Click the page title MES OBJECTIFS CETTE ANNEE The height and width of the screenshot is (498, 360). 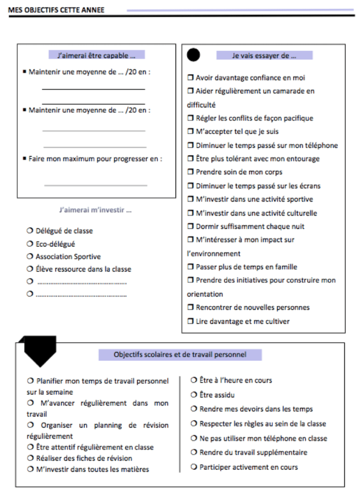[x=56, y=10]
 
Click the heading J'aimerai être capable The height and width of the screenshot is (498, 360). [x=96, y=55]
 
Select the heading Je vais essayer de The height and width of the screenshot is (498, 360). [x=264, y=55]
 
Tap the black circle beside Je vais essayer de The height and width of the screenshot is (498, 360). [x=193, y=55]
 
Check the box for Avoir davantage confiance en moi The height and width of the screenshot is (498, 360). [x=190, y=78]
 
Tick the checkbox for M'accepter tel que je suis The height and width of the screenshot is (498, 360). [x=190, y=132]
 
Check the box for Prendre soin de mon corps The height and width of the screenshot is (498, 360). [x=190, y=172]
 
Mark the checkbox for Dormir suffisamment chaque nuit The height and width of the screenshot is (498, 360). [x=190, y=226]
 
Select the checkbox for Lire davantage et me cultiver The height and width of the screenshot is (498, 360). [x=190, y=321]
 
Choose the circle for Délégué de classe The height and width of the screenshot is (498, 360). [x=30, y=231]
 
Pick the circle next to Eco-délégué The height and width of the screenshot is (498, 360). [x=30, y=244]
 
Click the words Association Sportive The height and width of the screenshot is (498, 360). [x=68, y=257]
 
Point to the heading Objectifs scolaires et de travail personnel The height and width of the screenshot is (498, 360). [x=180, y=355]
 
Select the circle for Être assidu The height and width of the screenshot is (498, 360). [x=194, y=395]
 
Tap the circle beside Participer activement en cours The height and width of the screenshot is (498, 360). [x=194, y=467]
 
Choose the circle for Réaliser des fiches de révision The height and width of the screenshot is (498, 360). [x=30, y=458]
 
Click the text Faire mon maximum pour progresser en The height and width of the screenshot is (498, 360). [x=95, y=159]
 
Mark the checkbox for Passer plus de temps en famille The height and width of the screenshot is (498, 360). [x=190, y=267]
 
